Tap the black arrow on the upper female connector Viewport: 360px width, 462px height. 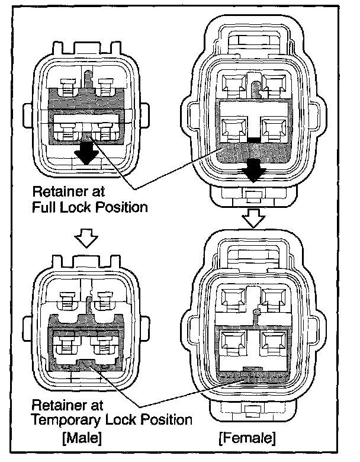(x=254, y=169)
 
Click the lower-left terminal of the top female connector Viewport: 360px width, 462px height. (x=233, y=126)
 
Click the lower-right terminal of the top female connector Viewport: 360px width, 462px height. (x=274, y=126)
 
